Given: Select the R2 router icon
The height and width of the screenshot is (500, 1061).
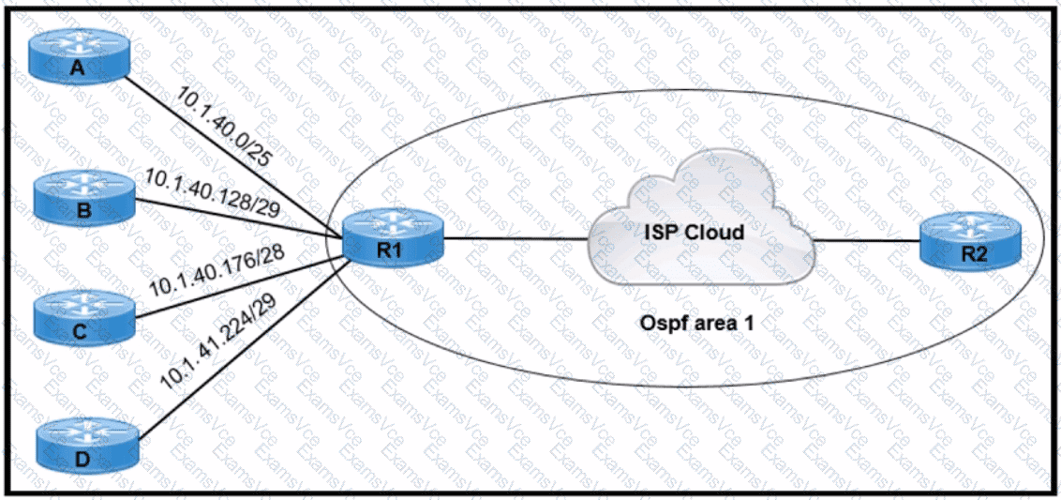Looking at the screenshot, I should click(968, 243).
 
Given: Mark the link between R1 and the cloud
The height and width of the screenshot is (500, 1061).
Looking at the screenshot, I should click(515, 238).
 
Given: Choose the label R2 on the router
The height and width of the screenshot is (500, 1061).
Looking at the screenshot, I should click(968, 256).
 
